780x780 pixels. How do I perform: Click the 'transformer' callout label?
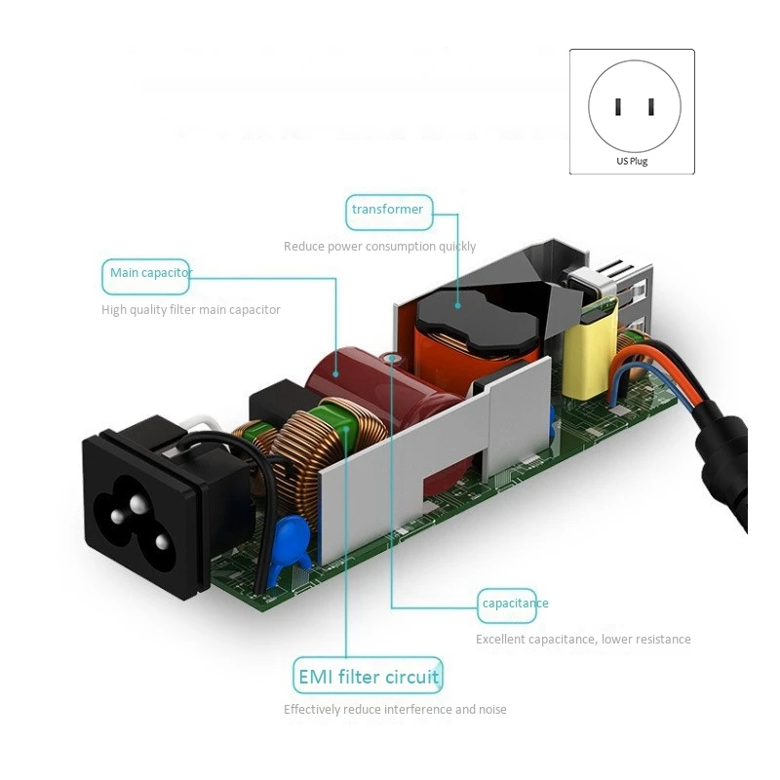pyautogui.click(x=388, y=210)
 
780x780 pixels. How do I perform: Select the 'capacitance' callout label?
pyautogui.click(x=515, y=604)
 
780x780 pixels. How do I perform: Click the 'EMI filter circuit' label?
pyautogui.click(x=367, y=676)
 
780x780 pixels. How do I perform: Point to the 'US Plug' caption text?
pyautogui.click(x=632, y=161)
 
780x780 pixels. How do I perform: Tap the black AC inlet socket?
pyautogui.click(x=141, y=497)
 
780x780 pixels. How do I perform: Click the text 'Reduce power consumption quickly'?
pyautogui.click(x=379, y=247)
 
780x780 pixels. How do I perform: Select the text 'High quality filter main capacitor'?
pyautogui.click(x=191, y=310)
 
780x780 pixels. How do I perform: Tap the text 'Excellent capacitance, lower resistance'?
pyautogui.click(x=583, y=640)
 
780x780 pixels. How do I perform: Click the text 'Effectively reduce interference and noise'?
pyautogui.click(x=395, y=710)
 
